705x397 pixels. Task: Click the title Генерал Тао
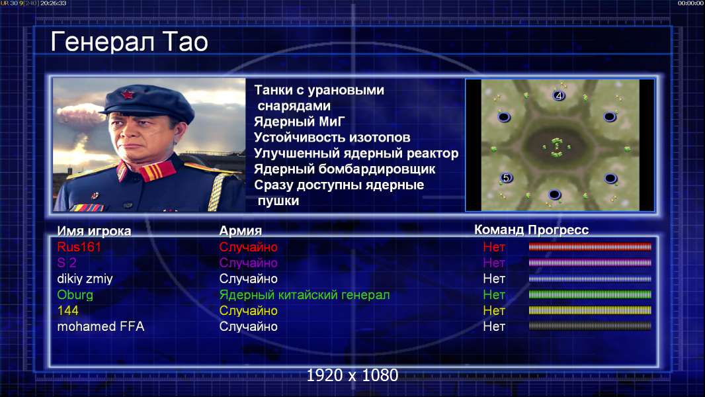click(x=129, y=42)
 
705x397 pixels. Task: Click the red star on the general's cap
click(x=127, y=95)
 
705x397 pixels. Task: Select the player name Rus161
click(x=79, y=247)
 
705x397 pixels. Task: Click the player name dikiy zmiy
click(x=85, y=279)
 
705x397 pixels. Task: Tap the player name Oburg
click(x=75, y=295)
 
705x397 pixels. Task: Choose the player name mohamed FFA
click(x=101, y=326)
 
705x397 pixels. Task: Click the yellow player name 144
click(x=68, y=311)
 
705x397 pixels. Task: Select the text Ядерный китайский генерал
click(x=304, y=295)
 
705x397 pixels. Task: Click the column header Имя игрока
click(x=94, y=231)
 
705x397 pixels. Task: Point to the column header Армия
click(x=241, y=231)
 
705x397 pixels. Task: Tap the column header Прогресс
click(x=558, y=230)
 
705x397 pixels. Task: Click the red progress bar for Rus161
click(x=590, y=247)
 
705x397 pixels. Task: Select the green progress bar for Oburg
click(x=590, y=294)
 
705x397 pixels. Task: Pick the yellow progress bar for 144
click(x=590, y=310)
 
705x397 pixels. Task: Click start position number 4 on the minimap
click(x=559, y=95)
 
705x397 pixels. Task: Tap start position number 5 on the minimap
click(x=507, y=177)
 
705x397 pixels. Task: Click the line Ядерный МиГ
click(x=300, y=121)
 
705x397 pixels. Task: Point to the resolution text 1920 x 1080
click(x=352, y=375)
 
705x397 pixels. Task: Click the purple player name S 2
click(x=67, y=263)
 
